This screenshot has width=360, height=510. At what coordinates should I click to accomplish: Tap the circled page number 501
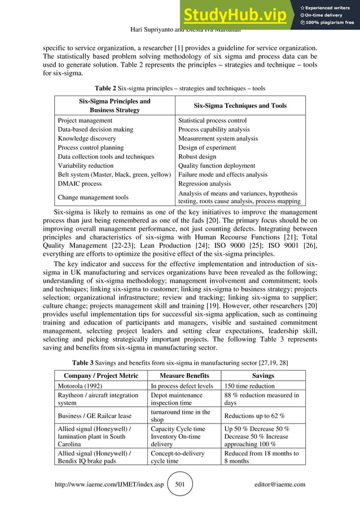click(181, 484)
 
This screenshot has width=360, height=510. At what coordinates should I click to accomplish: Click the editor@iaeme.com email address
click(280, 484)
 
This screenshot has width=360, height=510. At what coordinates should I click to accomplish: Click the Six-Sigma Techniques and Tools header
click(240, 106)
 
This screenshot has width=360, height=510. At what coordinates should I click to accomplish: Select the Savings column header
click(264, 376)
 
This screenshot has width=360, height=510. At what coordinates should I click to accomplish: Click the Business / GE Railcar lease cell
click(92, 416)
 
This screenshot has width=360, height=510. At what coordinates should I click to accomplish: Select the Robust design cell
click(197, 156)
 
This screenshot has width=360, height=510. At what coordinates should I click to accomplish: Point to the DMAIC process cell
click(80, 184)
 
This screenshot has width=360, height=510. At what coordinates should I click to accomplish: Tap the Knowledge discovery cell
click(87, 138)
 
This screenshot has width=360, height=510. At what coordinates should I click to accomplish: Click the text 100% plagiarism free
click(330, 23)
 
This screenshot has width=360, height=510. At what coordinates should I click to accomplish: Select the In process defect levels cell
click(182, 386)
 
